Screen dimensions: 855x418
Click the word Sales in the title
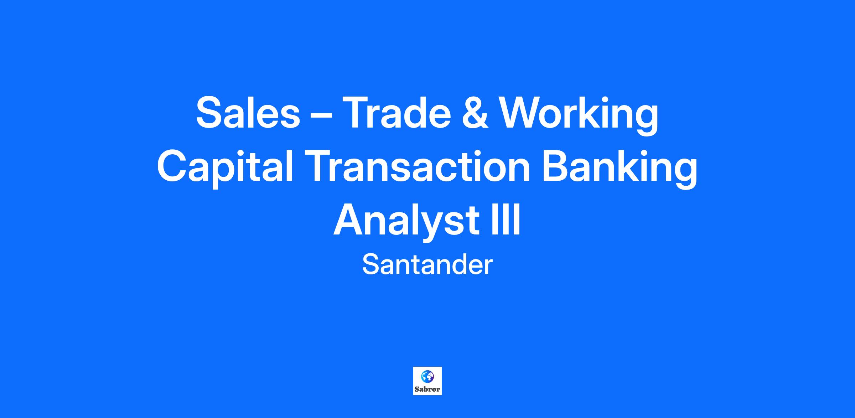pos(248,112)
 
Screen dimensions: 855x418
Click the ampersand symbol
pos(476,113)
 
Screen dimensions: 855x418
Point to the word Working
pos(580,115)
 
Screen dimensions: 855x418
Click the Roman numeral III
pos(506,219)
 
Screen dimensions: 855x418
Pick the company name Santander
pos(427,265)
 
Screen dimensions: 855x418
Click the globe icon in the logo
pos(427,376)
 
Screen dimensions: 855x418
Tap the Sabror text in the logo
pos(427,389)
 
